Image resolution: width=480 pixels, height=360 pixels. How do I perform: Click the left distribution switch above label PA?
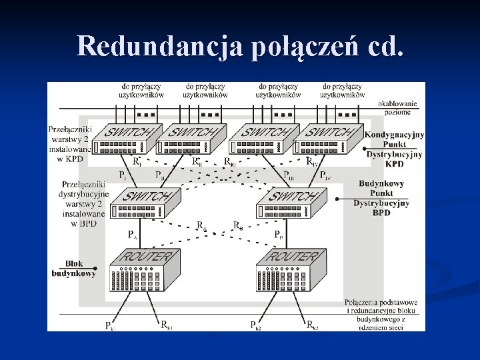click(145, 204)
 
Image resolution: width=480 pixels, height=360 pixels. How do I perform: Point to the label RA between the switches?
click(201, 226)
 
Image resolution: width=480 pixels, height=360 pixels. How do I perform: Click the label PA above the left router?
click(132, 235)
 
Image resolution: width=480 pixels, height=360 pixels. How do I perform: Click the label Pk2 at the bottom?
click(255, 325)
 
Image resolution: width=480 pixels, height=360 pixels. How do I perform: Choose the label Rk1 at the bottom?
click(167, 325)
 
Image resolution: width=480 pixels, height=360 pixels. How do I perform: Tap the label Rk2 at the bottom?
click(312, 325)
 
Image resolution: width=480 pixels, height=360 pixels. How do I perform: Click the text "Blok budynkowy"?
click(74, 268)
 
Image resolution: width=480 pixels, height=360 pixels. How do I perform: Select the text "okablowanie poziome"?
click(397, 107)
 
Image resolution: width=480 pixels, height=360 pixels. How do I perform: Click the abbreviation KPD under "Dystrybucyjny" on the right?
click(394, 163)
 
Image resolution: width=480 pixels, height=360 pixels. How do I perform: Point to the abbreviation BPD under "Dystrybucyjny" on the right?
click(381, 213)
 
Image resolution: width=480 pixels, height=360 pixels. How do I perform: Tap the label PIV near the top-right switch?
click(324, 175)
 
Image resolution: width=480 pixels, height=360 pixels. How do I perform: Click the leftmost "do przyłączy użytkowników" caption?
click(141, 91)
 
